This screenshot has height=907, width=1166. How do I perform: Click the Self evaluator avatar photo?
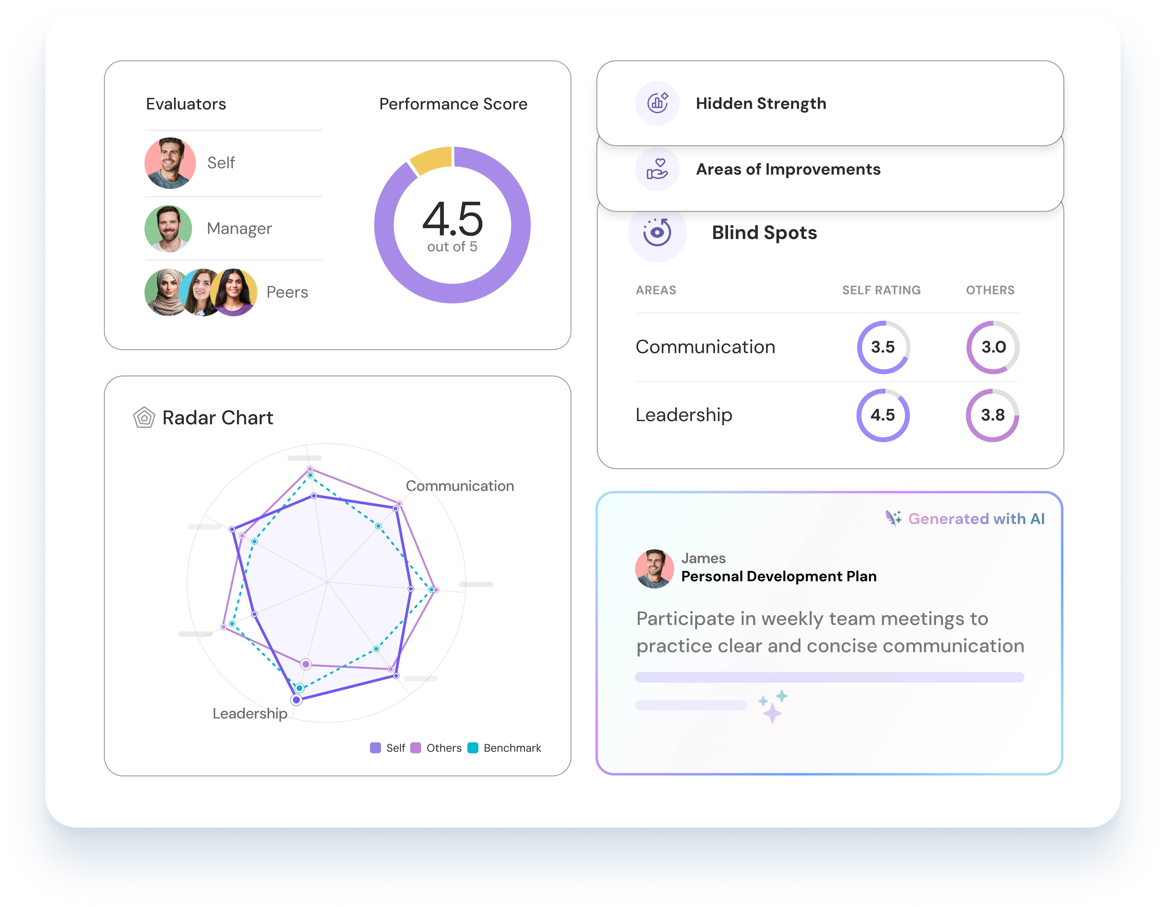[x=170, y=163]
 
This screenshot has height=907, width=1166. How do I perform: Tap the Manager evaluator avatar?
[x=168, y=229]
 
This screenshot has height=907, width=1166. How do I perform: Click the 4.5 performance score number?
[x=453, y=219]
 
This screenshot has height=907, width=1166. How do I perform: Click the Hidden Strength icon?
[x=657, y=103]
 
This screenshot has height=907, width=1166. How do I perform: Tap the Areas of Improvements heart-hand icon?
[x=657, y=169]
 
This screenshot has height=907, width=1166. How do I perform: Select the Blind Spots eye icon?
[x=657, y=232]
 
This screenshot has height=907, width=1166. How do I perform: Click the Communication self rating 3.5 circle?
[x=883, y=347]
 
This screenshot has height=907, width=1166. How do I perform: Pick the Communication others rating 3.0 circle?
[x=993, y=347]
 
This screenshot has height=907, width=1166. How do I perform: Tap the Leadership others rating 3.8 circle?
[x=993, y=415]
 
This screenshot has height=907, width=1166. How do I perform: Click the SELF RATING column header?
[x=882, y=290]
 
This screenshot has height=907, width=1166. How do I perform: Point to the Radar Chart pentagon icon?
[x=144, y=417]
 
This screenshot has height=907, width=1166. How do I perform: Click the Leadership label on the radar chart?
[x=250, y=714]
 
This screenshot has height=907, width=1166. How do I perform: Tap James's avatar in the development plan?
[x=654, y=569]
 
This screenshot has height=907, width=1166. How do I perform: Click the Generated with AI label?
[x=976, y=519]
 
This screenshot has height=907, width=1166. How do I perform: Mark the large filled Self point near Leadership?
[x=296, y=700]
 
